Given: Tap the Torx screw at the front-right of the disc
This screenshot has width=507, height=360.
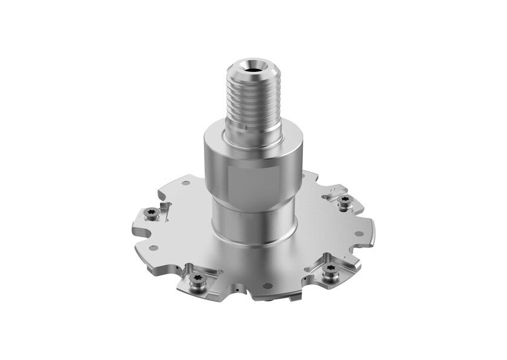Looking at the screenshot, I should (x=329, y=272).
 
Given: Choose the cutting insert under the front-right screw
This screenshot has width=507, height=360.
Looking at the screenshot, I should (x=333, y=279).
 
